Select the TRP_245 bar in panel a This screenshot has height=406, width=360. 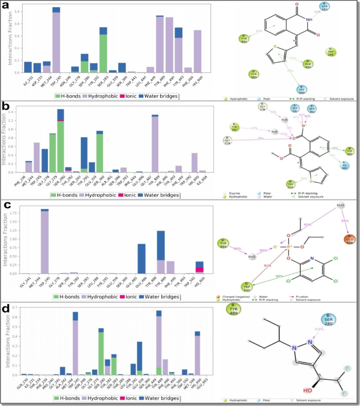click(x=56, y=37)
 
